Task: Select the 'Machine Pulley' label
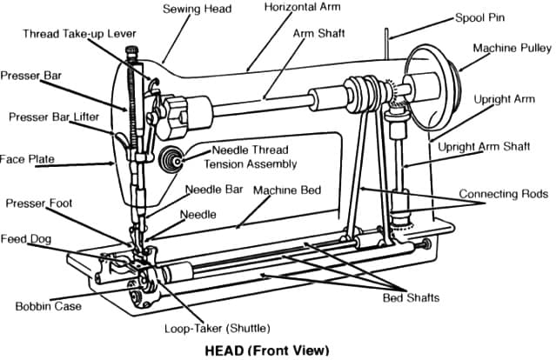(x=509, y=48)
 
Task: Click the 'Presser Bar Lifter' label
(x=54, y=117)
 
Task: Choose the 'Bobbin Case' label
(x=48, y=306)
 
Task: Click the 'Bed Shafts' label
(x=411, y=298)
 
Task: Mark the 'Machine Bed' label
(x=287, y=190)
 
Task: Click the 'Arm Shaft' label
(x=318, y=33)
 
